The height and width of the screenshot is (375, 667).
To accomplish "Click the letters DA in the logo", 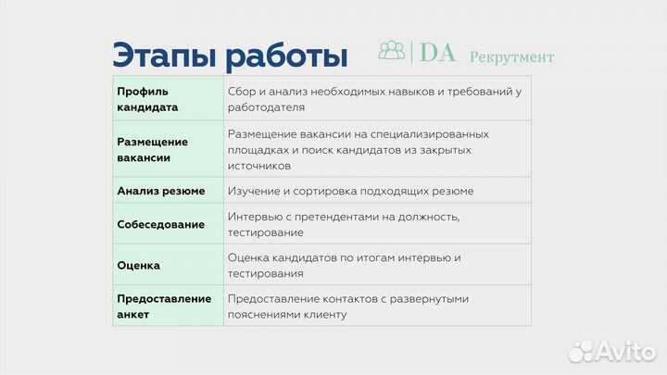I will point(437,53).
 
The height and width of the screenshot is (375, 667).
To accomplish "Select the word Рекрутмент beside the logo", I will point(511,56).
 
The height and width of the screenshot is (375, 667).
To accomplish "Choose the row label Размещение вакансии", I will point(153,150).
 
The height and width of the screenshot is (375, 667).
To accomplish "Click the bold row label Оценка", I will point(139,266).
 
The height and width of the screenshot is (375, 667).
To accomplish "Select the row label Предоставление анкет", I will point(164,306).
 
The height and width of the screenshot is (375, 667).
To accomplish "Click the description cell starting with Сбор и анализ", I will point(374,99).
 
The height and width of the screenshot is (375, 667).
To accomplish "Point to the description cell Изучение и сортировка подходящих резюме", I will point(350,191).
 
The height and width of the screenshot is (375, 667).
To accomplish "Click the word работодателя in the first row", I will point(266,107).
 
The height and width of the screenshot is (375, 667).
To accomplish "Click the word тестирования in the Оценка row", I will point(264,274).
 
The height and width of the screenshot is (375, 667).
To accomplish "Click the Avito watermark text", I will point(626,350).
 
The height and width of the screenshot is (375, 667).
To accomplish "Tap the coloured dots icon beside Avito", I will point(581,350).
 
